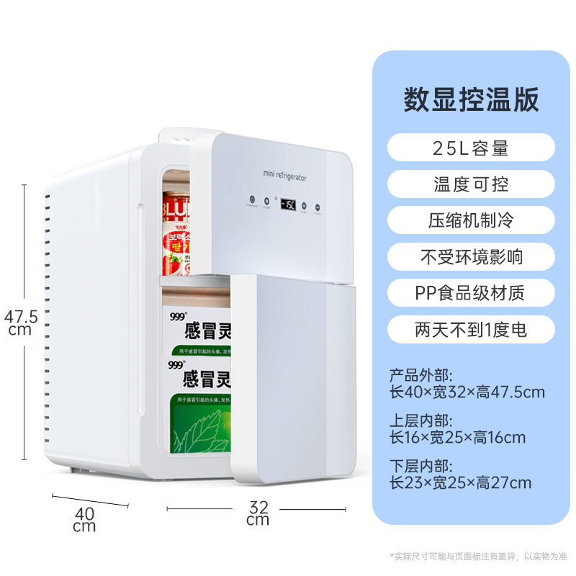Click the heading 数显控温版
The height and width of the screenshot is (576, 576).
pos(471,99)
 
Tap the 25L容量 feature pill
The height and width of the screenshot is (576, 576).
pos(471,148)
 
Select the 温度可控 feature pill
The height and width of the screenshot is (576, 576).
pos(471,184)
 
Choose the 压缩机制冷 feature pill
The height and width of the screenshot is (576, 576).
pos(471,220)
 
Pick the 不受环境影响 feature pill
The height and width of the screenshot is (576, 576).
pos(471,256)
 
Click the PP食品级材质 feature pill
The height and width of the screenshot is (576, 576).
pos(471,293)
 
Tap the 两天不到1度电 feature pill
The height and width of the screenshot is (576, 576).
pos(471,330)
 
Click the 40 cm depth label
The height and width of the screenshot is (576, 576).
pos(84,519)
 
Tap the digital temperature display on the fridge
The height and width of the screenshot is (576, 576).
pos(288,204)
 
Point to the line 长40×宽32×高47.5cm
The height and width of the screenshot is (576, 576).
pos(467,392)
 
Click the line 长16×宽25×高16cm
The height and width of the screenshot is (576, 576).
pos(457,437)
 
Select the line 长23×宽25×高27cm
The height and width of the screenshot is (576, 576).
pos(460,482)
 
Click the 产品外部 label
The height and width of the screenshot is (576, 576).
pos(421,375)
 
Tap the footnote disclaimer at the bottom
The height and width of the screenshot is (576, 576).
pos(478,556)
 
